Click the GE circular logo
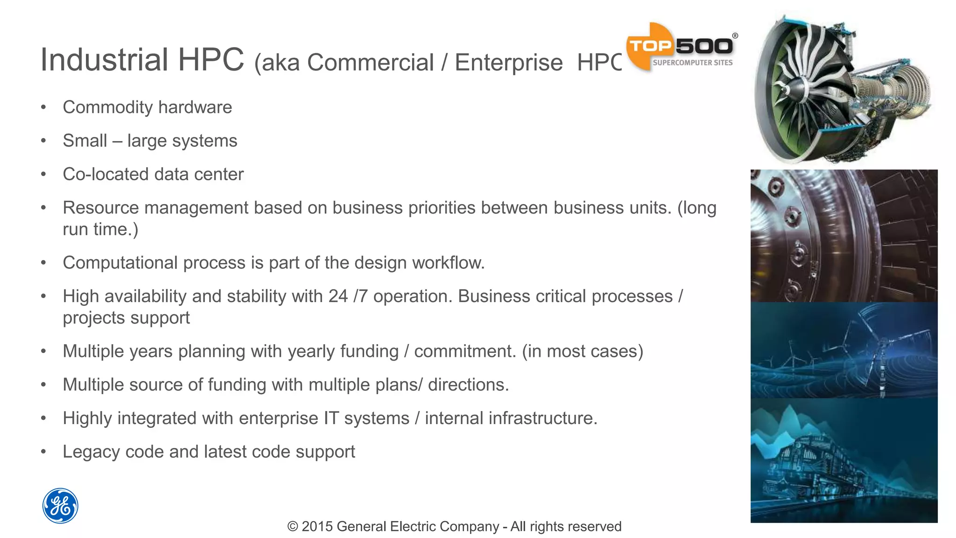click(60, 506)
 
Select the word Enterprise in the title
click(508, 63)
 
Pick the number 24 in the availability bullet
click(338, 297)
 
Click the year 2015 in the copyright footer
click(317, 526)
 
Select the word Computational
click(120, 263)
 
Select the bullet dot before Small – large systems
click(43, 141)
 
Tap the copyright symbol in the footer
click(293, 526)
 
